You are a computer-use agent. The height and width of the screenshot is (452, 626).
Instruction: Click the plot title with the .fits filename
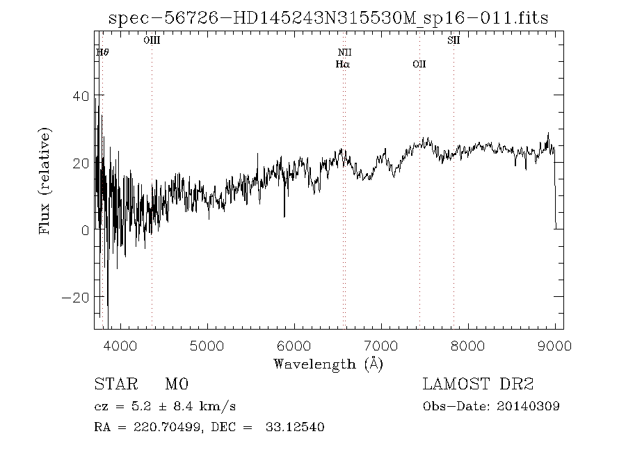[x=328, y=18]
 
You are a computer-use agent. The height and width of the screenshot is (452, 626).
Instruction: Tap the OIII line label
[x=152, y=41]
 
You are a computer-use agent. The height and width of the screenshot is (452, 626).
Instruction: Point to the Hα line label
[x=342, y=64]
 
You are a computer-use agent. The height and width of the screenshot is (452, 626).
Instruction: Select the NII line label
[x=345, y=52]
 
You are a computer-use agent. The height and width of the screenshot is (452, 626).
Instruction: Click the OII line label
[x=419, y=64]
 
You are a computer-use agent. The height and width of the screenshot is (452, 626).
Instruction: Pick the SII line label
[x=454, y=41]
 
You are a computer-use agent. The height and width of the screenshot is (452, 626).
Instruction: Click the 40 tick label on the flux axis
[x=81, y=96]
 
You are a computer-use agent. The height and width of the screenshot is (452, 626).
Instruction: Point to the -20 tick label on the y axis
[x=77, y=297]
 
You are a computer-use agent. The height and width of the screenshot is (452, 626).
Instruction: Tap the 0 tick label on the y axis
[x=86, y=230]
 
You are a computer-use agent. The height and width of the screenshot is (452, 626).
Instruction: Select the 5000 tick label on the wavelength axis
[x=207, y=345]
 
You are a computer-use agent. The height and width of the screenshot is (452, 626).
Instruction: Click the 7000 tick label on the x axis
[x=380, y=345]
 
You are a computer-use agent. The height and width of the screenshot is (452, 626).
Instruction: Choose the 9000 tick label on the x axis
[x=554, y=345]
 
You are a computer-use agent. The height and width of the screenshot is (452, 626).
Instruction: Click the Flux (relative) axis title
[x=46, y=181]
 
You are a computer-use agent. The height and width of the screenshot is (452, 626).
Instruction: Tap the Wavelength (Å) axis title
[x=328, y=363]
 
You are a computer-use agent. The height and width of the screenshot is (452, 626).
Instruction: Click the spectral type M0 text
[x=177, y=385]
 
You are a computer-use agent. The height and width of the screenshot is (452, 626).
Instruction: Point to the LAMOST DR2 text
[x=479, y=385]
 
